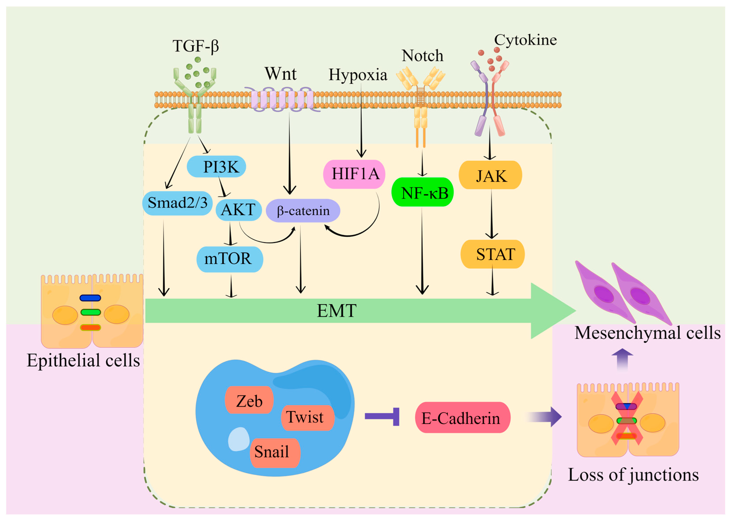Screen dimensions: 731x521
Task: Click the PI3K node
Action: (x=216, y=166)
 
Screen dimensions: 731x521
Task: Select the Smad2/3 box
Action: (x=177, y=203)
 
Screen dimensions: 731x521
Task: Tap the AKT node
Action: (x=238, y=210)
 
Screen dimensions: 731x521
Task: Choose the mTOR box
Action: (x=230, y=259)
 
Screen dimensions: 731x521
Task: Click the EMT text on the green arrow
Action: (x=337, y=311)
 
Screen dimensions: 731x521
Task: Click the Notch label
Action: (x=422, y=55)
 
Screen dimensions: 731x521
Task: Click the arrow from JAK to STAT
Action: (x=491, y=214)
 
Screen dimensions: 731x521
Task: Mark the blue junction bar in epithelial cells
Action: (x=90, y=298)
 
